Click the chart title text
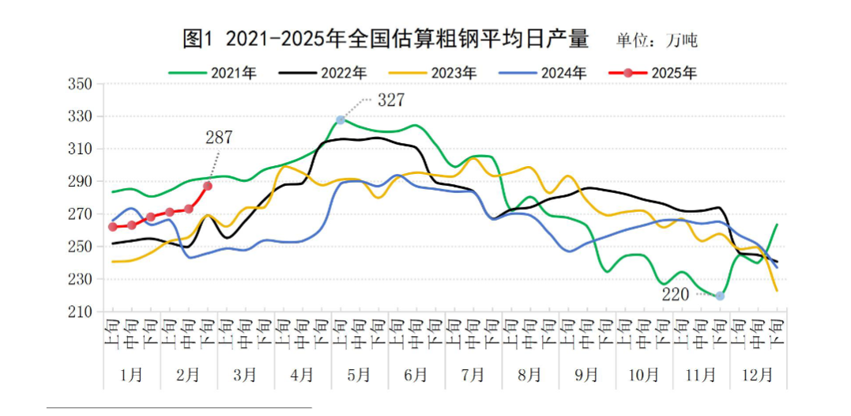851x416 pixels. point(386,39)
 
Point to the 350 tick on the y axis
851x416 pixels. point(82,84)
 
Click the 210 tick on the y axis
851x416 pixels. point(82,312)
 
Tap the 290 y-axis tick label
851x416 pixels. point(82,182)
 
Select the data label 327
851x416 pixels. point(391,100)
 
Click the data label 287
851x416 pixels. point(219,138)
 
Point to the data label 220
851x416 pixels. point(676,294)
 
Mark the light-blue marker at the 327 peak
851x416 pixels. point(341,120)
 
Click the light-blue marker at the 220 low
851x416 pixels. point(720,296)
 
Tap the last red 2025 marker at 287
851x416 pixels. point(208,186)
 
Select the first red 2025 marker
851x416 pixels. point(112,227)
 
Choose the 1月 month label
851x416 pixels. point(131,374)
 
